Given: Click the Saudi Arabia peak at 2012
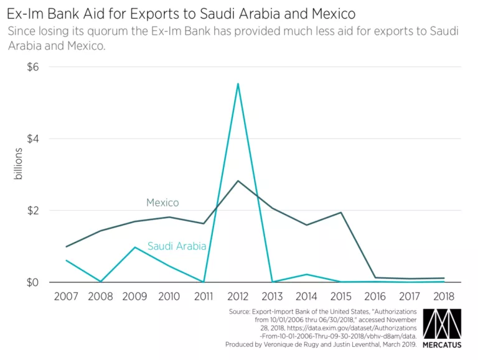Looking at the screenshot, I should [x=238, y=83].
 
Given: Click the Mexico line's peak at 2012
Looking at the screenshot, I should [x=238, y=181].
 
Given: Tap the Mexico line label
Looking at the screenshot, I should [x=162, y=203].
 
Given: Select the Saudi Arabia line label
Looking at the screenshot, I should [x=177, y=246].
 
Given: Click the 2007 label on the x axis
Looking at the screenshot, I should [x=67, y=297].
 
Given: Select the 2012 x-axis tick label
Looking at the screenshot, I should [x=238, y=297].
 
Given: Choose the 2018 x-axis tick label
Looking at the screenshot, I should [x=444, y=297].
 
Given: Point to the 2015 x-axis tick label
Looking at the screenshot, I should [x=341, y=297].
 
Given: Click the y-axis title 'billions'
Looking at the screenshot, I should [x=19, y=164].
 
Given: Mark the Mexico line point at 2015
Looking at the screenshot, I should [x=341, y=213].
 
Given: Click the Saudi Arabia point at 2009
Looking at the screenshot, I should [x=135, y=247].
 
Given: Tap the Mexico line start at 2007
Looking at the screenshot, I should [x=67, y=246].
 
